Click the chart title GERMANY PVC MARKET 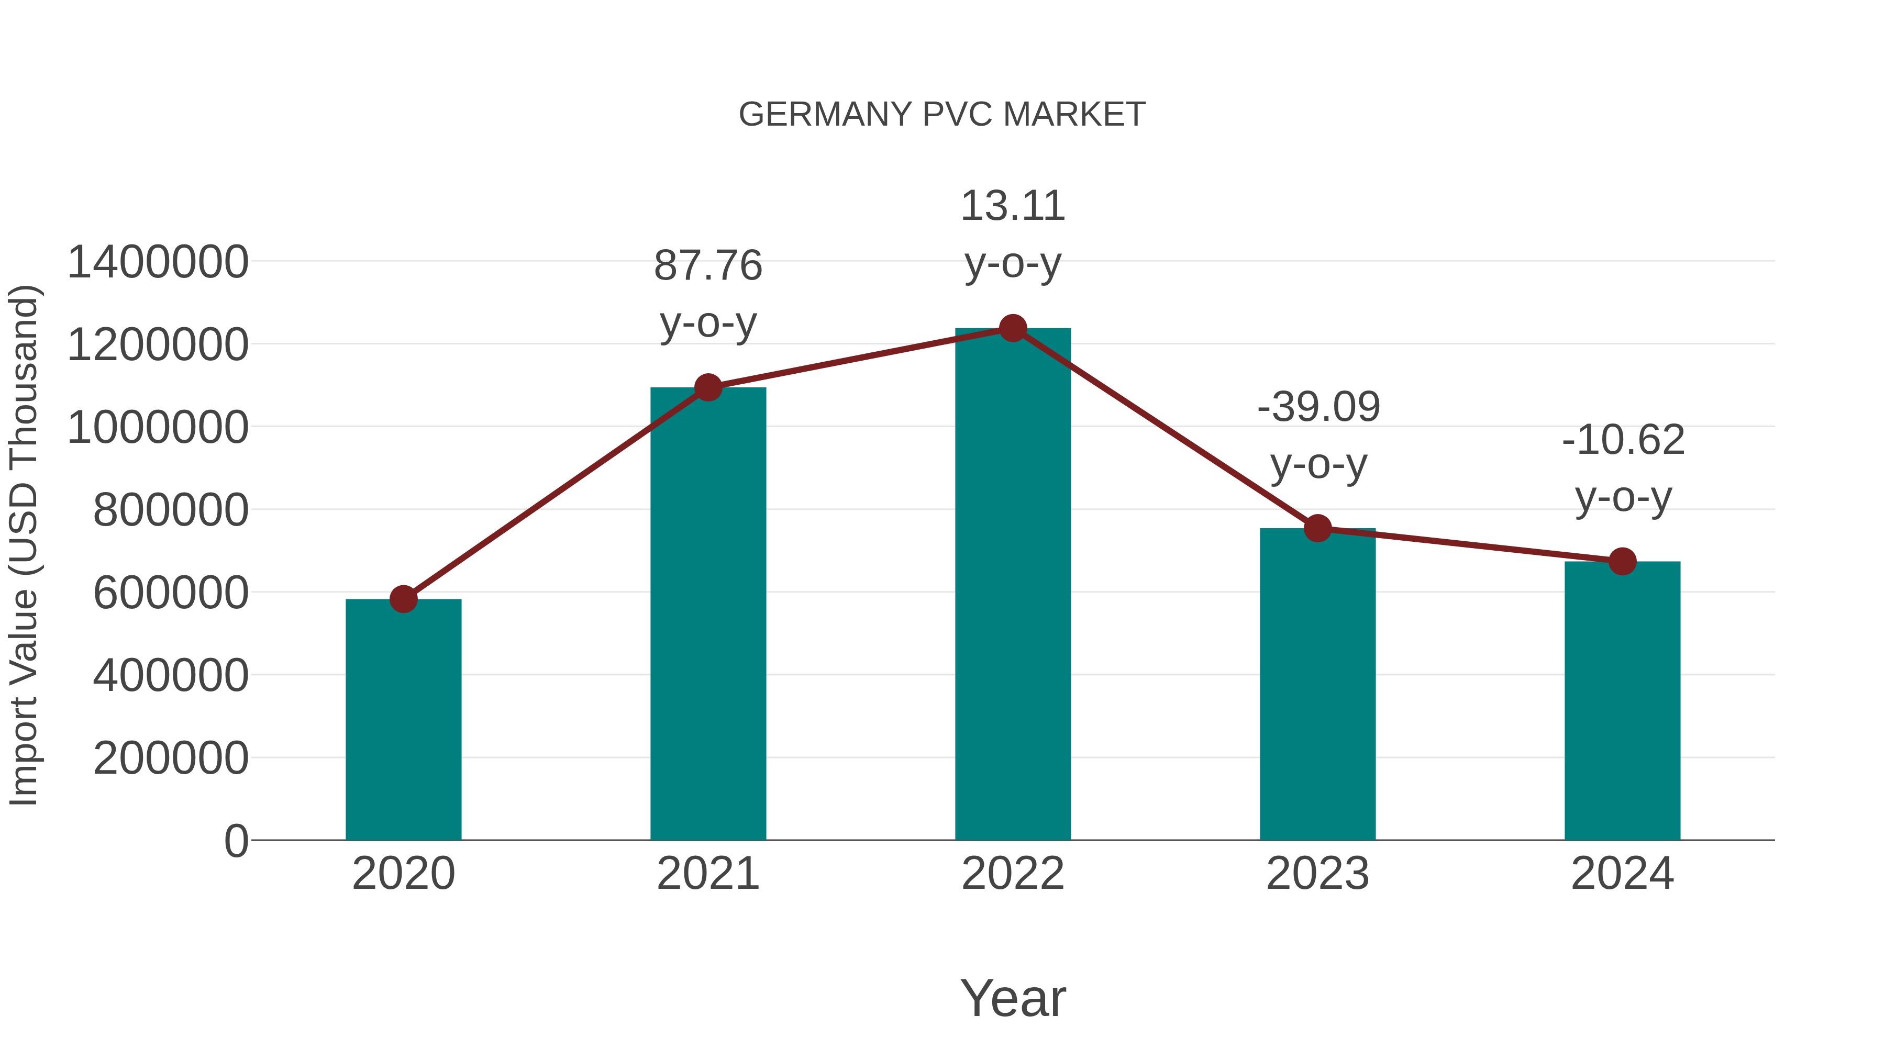[x=942, y=115]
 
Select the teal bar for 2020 [x=403, y=721]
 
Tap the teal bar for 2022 [x=1013, y=585]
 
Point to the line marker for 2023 [x=1317, y=528]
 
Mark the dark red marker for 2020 [x=403, y=599]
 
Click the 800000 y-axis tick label [x=171, y=510]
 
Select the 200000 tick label [x=171, y=758]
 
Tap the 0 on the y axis [x=236, y=841]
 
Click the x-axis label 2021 [x=707, y=874]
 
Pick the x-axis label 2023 [x=1317, y=874]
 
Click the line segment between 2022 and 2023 [x=1165, y=428]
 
